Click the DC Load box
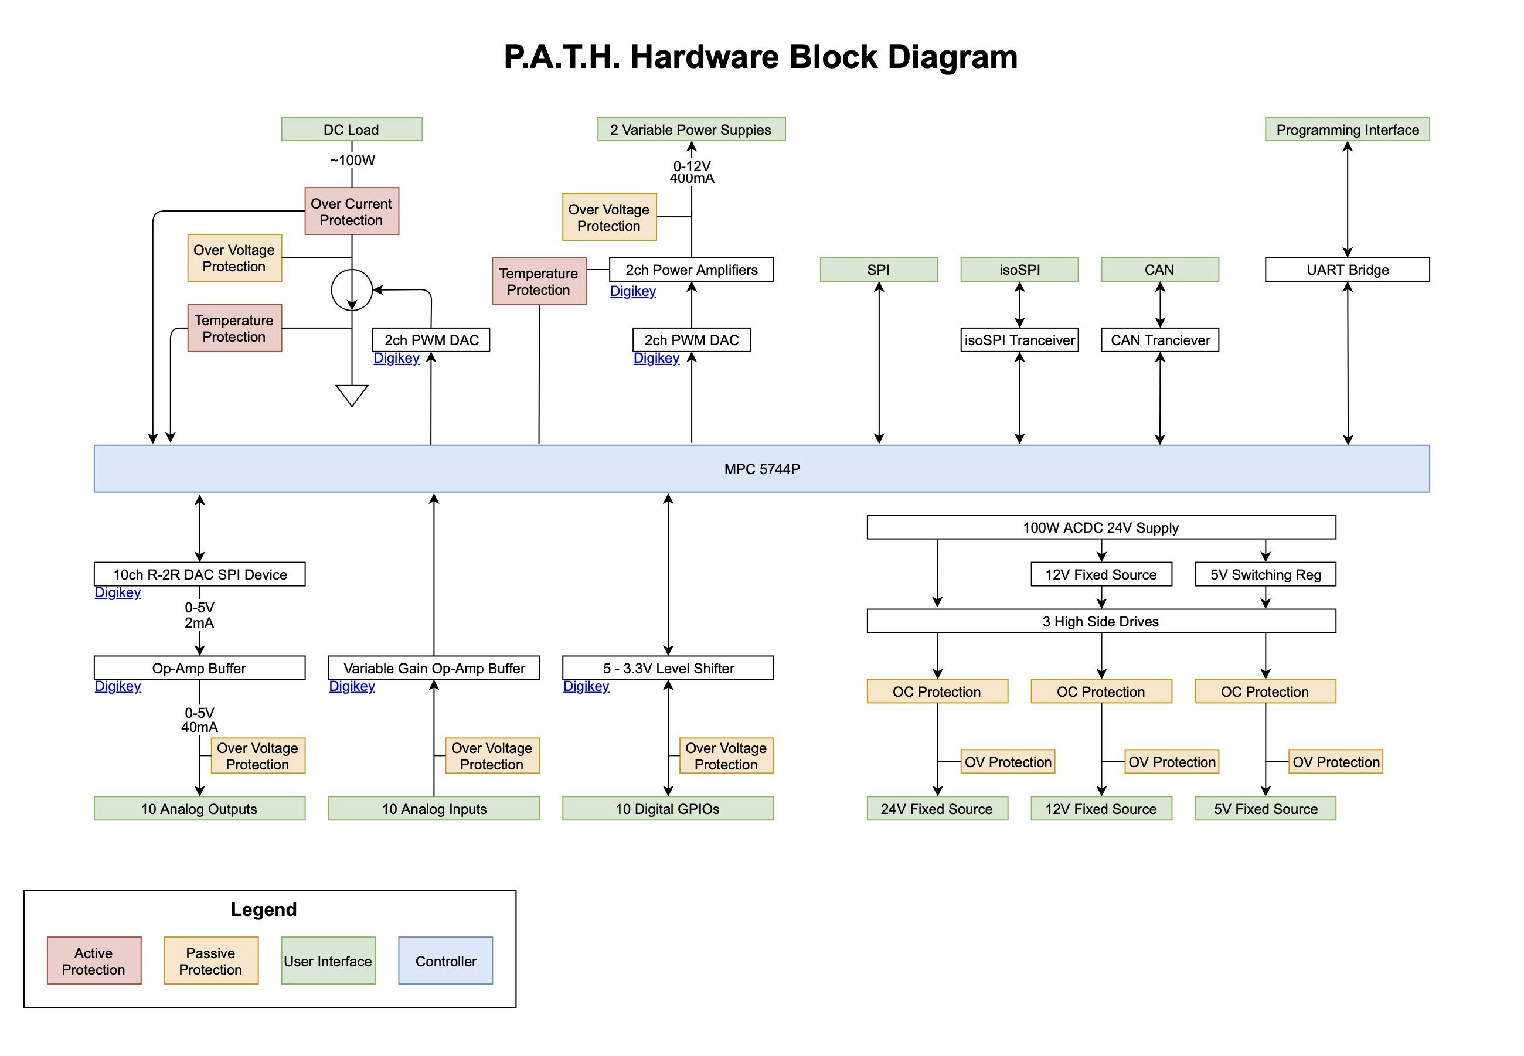tap(351, 129)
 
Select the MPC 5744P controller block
tap(761, 468)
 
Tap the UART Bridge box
tap(1346, 270)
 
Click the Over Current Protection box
tap(351, 211)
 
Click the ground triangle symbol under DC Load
tap(351, 394)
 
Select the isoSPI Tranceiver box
tap(1019, 340)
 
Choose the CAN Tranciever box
tap(1159, 340)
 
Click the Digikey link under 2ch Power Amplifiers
tap(632, 291)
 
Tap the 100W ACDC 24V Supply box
tap(1100, 527)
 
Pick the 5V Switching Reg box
tap(1264, 574)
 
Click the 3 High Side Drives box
tap(1100, 621)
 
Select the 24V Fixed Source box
tap(936, 809)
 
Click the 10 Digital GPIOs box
tap(667, 809)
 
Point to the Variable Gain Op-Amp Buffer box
tap(433, 667)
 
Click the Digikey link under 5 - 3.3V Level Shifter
tap(586, 686)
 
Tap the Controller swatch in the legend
tap(445, 960)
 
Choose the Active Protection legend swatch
tap(94, 960)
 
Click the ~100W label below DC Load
tap(352, 160)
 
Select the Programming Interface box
tap(1346, 129)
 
